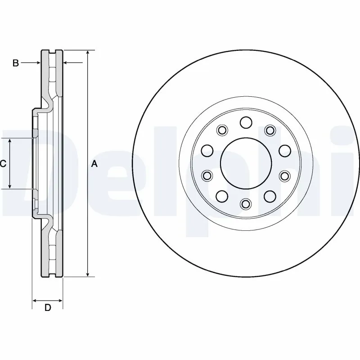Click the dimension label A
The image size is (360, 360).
tap(94, 164)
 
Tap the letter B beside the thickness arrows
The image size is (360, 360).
tap(15, 63)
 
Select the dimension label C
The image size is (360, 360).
tap(3, 164)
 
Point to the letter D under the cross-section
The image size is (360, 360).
tap(48, 308)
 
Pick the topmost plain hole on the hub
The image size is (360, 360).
tap(245, 122)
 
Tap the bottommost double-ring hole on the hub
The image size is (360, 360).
tap(245, 204)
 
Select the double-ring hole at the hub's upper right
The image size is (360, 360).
tap(270, 130)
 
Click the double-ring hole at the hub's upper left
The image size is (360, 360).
tap(221, 130)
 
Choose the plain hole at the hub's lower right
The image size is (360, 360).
tap(270, 196)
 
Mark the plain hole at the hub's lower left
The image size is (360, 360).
tap(221, 196)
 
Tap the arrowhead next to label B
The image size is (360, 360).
tap(39, 63)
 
